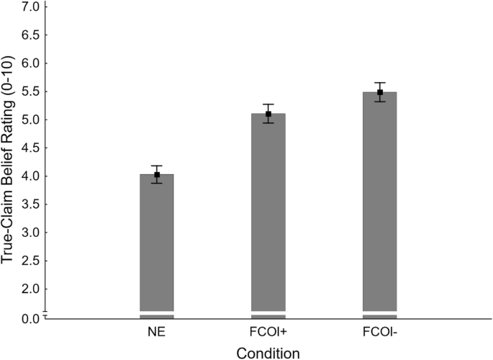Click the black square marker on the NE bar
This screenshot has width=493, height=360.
click(x=157, y=175)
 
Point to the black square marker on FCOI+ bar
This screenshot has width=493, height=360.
click(x=268, y=114)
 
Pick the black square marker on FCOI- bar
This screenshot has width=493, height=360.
click(x=380, y=92)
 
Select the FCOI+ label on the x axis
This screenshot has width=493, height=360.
click(x=268, y=332)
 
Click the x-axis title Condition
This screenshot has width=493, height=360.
click(x=267, y=352)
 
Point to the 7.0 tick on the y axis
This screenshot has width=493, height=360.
click(x=29, y=7)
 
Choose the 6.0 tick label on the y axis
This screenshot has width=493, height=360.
click(x=29, y=63)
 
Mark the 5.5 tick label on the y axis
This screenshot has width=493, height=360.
click(x=29, y=91)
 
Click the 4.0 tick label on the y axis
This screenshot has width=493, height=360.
click(x=29, y=176)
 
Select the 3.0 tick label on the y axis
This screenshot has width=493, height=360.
click(x=29, y=233)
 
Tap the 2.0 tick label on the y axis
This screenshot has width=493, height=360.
click(x=29, y=289)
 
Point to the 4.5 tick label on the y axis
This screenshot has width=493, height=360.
click(x=29, y=148)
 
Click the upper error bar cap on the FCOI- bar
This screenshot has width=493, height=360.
click(x=380, y=83)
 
